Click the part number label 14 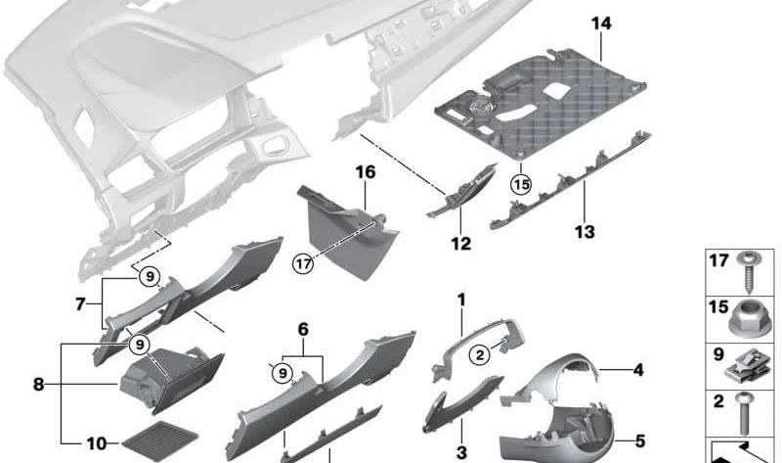pos(601,23)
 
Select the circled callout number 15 pos(521,185)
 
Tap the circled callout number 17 pos(303,263)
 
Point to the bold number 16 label pos(365,172)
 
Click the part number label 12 pos(460,244)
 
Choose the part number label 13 pos(585,232)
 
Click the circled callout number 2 pos(480,355)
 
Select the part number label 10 pos(97,443)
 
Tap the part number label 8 pos(38,385)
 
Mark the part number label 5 pos(640,441)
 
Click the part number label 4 pos(638,370)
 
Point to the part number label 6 pos(303,330)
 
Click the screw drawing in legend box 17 pos(748,272)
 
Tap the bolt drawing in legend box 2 pos(743,412)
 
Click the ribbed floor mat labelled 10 pos(159,441)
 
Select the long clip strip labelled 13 pos(571,181)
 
